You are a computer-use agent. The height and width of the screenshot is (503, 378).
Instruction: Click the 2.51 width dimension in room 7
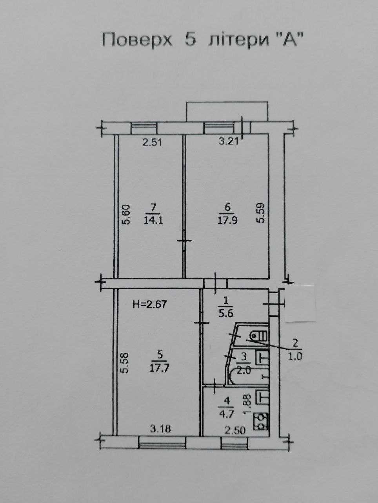point(152,143)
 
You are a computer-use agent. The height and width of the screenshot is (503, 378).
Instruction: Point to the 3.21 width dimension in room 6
point(229,141)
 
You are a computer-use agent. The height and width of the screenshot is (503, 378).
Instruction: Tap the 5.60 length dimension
point(126,214)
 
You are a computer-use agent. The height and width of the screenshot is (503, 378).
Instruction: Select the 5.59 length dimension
point(260,212)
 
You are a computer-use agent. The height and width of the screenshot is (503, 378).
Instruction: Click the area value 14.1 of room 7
point(153,220)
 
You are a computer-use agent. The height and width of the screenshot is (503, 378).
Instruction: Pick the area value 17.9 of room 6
point(227,220)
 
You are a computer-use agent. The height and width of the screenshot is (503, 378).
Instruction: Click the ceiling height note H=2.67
point(150,305)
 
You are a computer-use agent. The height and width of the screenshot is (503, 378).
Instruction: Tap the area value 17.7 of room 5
point(159,369)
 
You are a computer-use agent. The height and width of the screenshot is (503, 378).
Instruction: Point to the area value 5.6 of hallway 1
point(226,314)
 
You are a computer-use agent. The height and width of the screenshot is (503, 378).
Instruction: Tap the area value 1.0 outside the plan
point(295,356)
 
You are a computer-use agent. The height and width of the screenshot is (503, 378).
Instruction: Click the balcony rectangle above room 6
point(227,112)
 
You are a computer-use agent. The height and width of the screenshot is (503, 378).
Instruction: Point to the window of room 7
point(144,128)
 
